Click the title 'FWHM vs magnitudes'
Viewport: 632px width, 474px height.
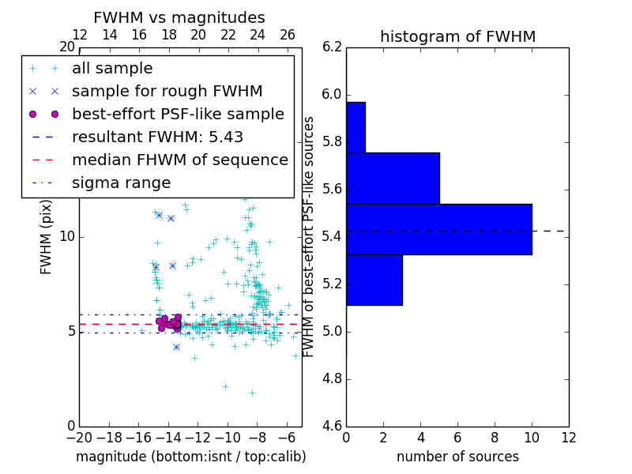pos(179,17)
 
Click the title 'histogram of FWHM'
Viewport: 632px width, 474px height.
pos(457,36)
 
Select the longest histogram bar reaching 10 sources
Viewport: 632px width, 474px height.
pos(438,229)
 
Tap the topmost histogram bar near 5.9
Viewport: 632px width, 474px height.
pos(355,126)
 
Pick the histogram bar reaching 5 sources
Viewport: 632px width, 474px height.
pos(393,178)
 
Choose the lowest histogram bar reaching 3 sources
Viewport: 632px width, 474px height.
pos(374,280)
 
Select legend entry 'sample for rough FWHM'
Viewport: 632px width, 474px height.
pos(167,92)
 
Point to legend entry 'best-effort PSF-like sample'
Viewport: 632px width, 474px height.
pos(178,115)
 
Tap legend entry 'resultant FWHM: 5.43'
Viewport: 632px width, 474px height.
pos(157,137)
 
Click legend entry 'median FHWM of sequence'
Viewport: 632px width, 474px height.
pos(179,160)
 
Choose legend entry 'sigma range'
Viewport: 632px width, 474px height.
pos(121,183)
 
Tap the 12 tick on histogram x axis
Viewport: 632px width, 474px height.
pos(568,438)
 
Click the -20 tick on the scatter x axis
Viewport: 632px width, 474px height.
pos(79,438)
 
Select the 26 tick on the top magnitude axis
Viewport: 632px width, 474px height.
pos(287,36)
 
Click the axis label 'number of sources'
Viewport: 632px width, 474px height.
pos(457,457)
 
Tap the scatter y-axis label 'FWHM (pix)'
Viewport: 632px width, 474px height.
pos(47,237)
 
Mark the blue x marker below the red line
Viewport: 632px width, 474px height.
pos(176,348)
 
